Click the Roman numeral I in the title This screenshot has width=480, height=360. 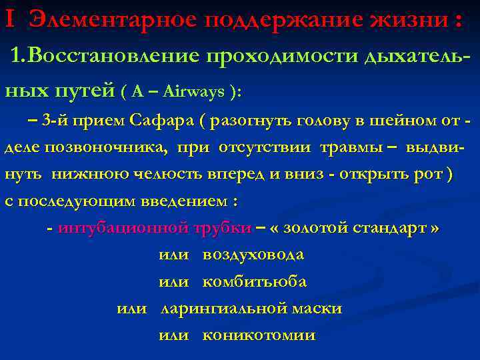(x=8, y=20)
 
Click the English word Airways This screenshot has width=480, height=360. (x=193, y=92)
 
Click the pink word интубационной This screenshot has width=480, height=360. (x=123, y=228)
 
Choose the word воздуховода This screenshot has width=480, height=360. (x=253, y=255)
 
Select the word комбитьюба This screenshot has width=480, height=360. (x=254, y=282)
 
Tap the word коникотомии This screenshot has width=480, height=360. (x=258, y=335)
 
